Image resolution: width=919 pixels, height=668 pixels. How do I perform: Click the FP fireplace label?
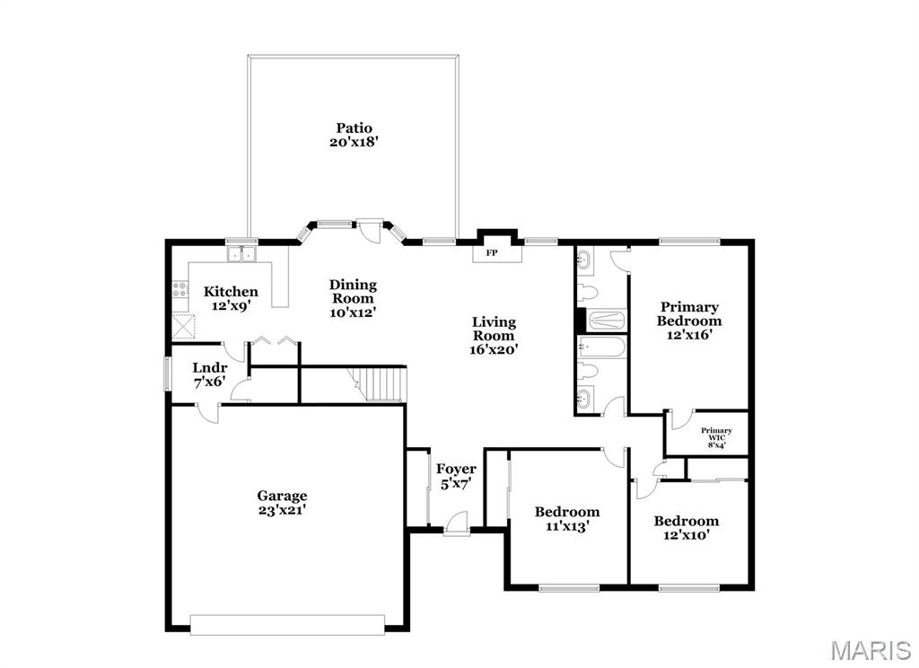tap(492, 253)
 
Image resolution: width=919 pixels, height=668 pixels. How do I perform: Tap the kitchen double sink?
tap(241, 256)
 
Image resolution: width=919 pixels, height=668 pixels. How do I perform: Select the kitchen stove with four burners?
tap(179, 289)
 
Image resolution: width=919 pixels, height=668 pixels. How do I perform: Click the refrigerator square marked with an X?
tap(183, 326)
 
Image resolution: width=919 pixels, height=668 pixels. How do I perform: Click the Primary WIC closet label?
tap(716, 437)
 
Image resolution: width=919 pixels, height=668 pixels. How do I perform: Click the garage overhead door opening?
tap(287, 624)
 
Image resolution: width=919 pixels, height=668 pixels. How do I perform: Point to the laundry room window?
tap(166, 374)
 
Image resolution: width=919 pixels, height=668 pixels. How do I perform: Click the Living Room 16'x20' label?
tap(494, 335)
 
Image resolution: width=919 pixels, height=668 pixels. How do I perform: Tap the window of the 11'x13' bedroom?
tap(567, 588)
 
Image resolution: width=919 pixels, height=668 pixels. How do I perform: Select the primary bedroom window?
tap(689, 241)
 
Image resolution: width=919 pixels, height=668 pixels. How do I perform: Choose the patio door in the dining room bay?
tap(370, 226)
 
